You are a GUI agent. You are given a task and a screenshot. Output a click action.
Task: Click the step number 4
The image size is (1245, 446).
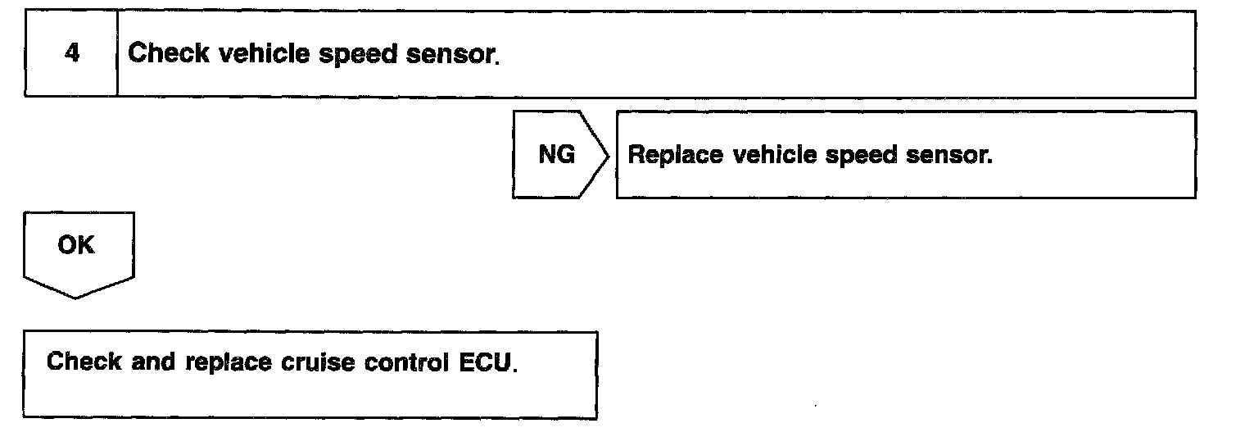pyautogui.click(x=72, y=55)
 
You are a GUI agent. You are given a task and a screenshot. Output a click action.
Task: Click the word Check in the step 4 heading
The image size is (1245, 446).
pyautogui.click(x=161, y=54)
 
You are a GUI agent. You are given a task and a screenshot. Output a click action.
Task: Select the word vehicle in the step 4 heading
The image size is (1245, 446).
pyautogui.click(x=244, y=54)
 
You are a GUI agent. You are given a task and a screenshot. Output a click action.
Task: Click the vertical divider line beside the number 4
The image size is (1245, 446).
pyautogui.click(x=117, y=55)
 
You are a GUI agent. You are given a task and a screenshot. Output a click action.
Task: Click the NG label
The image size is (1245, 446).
pyautogui.click(x=556, y=155)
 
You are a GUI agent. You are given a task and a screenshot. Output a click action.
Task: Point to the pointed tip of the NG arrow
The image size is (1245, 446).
pyautogui.click(x=609, y=155)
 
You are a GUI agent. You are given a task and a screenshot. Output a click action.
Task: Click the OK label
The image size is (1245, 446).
pyautogui.click(x=76, y=245)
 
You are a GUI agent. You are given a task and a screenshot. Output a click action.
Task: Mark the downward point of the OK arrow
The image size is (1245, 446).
pyautogui.click(x=76, y=297)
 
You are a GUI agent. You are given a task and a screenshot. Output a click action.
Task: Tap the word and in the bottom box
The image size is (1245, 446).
pyautogui.click(x=153, y=362)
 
